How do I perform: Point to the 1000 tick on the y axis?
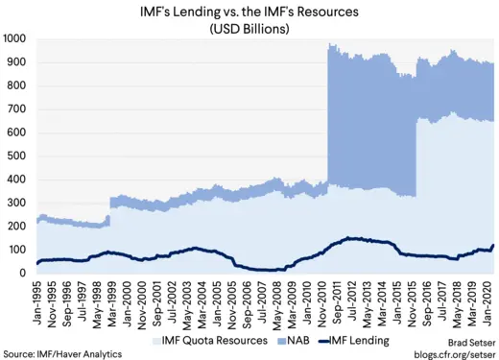15,39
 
